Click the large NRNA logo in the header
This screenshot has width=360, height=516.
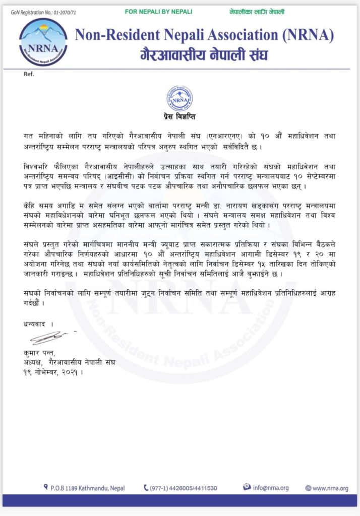click(x=43, y=42)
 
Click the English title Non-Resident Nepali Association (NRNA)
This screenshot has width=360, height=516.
click(x=204, y=35)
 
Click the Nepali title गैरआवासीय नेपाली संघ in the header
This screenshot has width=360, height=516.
click(x=204, y=54)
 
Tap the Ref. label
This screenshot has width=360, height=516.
click(x=29, y=74)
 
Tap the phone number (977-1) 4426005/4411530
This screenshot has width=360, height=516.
click(x=184, y=488)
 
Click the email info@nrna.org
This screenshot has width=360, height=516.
click(x=270, y=488)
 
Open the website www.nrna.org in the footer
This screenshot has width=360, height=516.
click(x=330, y=488)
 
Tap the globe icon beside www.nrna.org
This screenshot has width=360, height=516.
click(x=308, y=488)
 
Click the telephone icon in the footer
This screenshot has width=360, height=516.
click(x=146, y=488)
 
